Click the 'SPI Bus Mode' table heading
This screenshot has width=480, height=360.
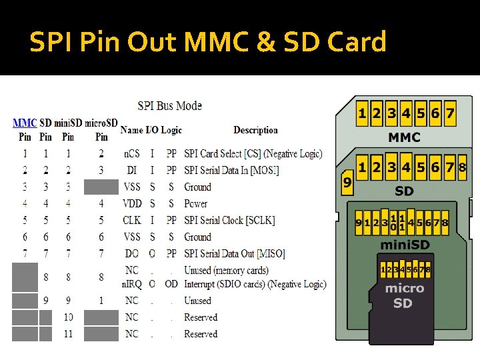tap(169, 105)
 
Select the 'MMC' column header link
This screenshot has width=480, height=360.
tap(25, 123)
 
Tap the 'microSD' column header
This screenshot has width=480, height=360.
tap(101, 123)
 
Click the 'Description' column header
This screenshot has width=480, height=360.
tap(255, 130)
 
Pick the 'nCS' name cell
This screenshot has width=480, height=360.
tap(132, 154)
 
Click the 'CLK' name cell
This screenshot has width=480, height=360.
tap(132, 220)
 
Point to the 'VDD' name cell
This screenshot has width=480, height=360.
tap(132, 203)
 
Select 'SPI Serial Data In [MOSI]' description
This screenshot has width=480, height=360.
tap(231, 171)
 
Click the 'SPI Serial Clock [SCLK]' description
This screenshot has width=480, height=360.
tap(229, 220)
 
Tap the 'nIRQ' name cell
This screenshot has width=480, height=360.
tap(132, 284)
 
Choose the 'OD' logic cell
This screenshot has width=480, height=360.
tap(171, 284)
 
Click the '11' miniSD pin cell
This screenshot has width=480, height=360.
tap(68, 333)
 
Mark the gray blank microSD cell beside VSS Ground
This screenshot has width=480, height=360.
tap(101, 187)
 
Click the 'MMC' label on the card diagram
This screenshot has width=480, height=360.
tap(404, 138)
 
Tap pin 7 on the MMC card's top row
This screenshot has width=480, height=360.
tap(450, 113)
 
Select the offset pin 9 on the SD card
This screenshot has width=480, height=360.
tap(347, 181)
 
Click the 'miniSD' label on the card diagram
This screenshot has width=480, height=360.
tap(404, 245)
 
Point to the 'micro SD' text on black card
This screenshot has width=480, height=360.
tap(404, 295)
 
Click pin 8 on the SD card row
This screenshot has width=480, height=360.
tap(462, 167)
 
